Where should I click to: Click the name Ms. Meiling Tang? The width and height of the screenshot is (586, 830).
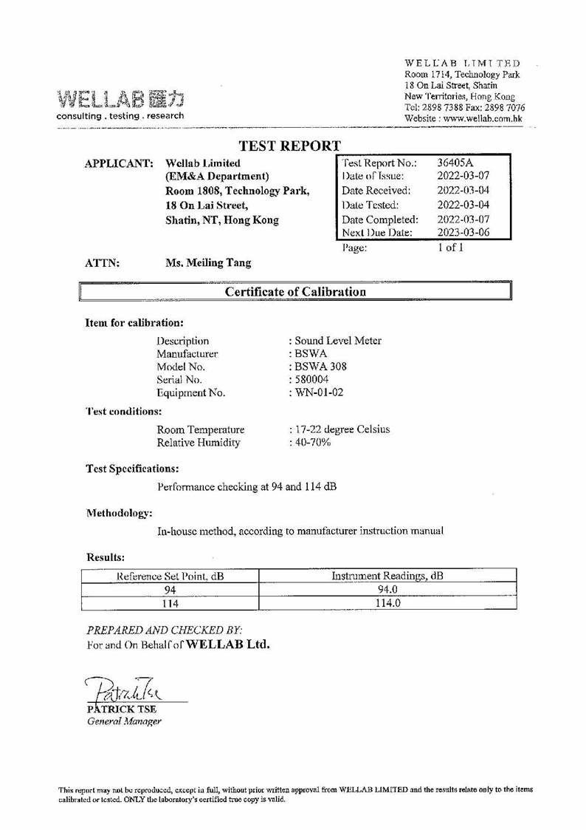tap(208, 262)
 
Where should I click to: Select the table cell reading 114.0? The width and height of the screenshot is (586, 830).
tap(387, 603)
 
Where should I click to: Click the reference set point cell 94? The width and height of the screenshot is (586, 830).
tap(169, 590)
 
